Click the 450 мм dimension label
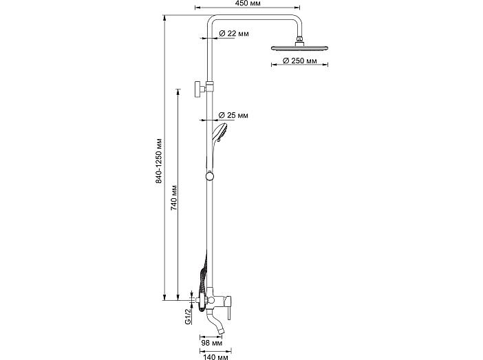coord(248,3)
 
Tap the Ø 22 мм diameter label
coord(234,33)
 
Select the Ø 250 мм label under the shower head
coord(299,61)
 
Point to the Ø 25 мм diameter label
coord(233,115)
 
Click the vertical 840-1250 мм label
coord(159,160)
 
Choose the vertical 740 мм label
coord(174,198)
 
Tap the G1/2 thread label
coord(189,316)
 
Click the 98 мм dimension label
coord(212,343)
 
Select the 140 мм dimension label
coord(215,357)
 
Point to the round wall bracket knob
coord(197,89)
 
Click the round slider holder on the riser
coord(210,176)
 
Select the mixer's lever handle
coord(229,309)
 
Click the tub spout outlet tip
coord(221,332)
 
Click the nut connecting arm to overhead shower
coord(299,39)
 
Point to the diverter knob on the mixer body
coord(211,299)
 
